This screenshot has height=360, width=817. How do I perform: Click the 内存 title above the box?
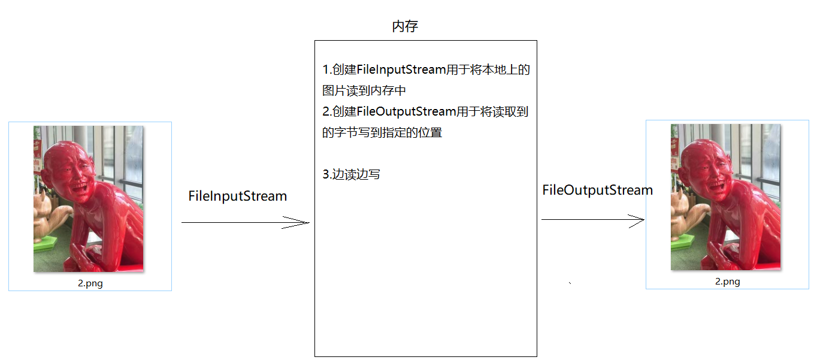(x=405, y=26)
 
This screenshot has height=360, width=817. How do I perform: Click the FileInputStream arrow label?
(x=237, y=196)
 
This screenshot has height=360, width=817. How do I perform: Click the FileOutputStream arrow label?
(x=597, y=190)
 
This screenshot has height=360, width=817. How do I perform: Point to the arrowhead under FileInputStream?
(x=302, y=223)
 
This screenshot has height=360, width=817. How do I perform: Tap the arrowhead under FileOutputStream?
(x=638, y=220)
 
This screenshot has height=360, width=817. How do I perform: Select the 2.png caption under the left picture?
(x=90, y=284)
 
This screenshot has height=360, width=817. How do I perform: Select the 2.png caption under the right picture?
(x=727, y=282)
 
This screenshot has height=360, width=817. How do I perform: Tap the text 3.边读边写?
(x=351, y=174)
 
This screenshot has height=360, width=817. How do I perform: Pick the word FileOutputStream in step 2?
(x=407, y=112)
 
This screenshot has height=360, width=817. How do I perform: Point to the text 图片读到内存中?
(x=364, y=91)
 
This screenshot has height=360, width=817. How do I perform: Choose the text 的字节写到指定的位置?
(x=382, y=133)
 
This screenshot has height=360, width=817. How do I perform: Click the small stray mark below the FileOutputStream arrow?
(x=569, y=282)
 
